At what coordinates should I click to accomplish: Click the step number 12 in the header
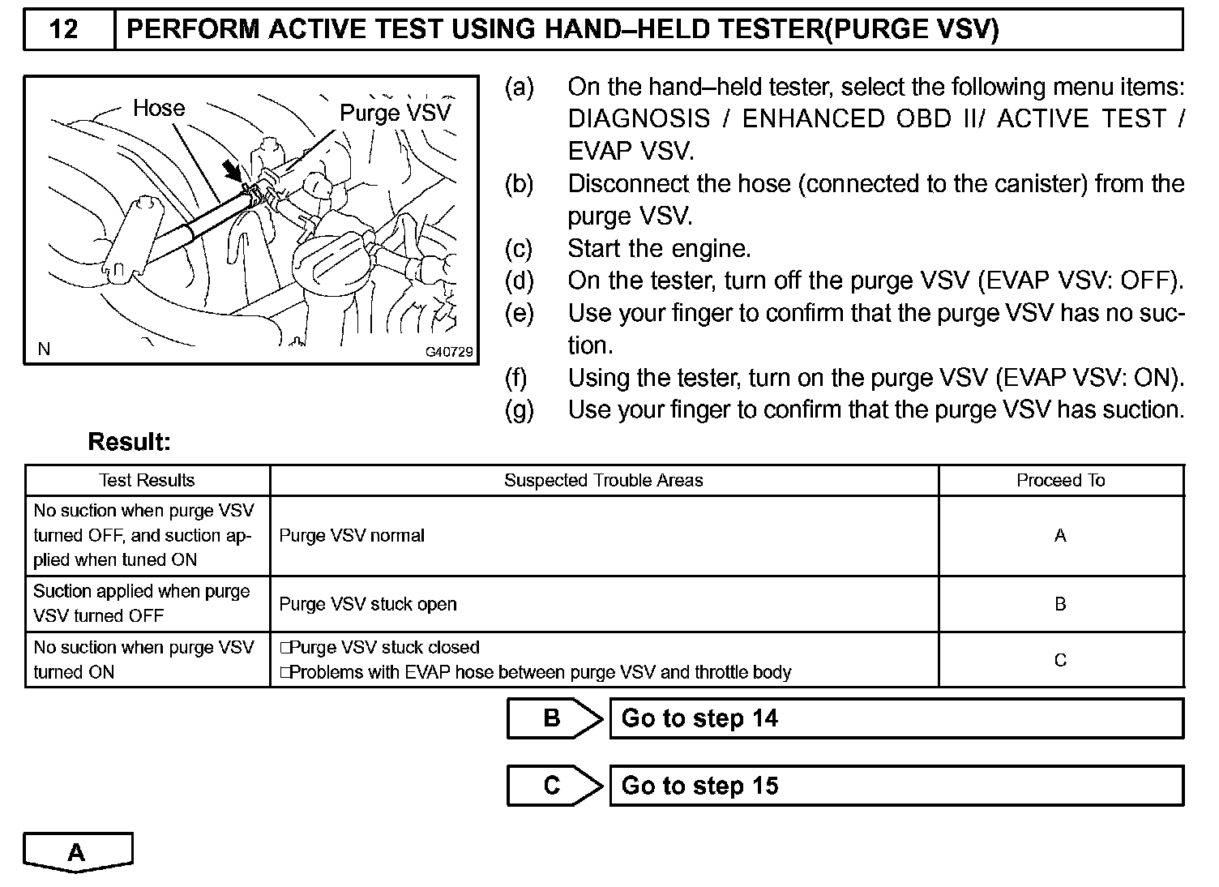[x=64, y=30]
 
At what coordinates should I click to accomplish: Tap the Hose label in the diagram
[x=159, y=108]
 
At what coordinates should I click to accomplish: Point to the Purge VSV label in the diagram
[x=395, y=113]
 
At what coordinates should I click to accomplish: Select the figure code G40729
[x=449, y=353]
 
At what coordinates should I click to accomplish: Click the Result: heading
[x=130, y=442]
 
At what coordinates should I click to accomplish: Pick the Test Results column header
[x=147, y=480]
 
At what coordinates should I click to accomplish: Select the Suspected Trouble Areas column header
[x=603, y=480]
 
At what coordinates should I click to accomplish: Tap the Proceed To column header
[x=1060, y=480]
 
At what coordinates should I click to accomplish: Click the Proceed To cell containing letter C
[x=1060, y=660]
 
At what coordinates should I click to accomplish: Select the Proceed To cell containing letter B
[x=1060, y=604]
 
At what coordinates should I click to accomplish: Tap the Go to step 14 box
[x=896, y=718]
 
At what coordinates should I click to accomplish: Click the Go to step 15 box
[x=896, y=786]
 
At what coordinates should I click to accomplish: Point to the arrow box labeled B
[x=554, y=718]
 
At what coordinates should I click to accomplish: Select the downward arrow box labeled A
[x=77, y=852]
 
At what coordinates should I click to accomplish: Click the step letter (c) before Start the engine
[x=519, y=248]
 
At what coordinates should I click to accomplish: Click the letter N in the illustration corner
[x=45, y=349]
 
